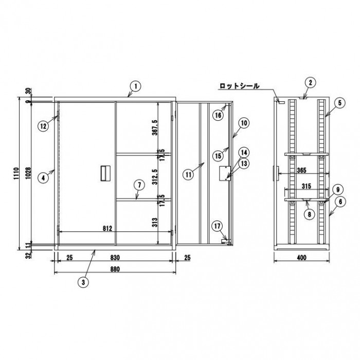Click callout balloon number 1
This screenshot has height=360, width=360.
click(136, 86)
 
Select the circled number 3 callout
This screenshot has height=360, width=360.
click(83, 282)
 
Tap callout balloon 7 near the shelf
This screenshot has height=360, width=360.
click(139, 185)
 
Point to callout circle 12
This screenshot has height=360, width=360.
click(43, 126)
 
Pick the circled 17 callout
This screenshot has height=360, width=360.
click(217, 226)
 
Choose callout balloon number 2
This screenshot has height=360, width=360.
click(311, 83)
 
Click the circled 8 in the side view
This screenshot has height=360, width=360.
click(309, 214)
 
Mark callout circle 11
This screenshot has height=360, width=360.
click(189, 175)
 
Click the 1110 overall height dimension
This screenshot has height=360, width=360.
click(16, 174)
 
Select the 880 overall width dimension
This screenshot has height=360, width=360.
click(115, 269)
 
